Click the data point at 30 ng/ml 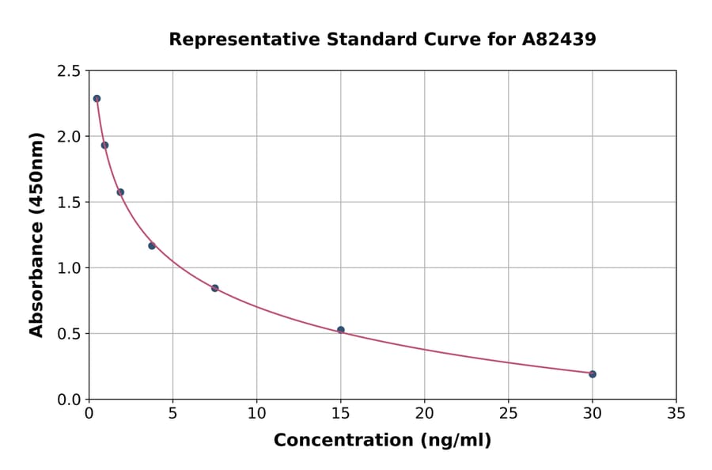593,374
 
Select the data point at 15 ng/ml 341,330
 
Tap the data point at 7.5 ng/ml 214,288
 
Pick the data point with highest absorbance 97,99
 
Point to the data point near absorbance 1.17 152,246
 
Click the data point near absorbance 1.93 104,145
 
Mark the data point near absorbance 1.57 120,192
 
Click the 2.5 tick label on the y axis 68,71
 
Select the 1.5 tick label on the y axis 68,203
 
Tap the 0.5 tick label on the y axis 68,334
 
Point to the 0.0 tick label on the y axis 68,400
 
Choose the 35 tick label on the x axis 676,414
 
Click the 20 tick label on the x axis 425,414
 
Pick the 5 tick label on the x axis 172,414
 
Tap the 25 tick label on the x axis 509,414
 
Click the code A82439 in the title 559,40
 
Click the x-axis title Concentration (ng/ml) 382,441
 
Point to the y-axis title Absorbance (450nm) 37,235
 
